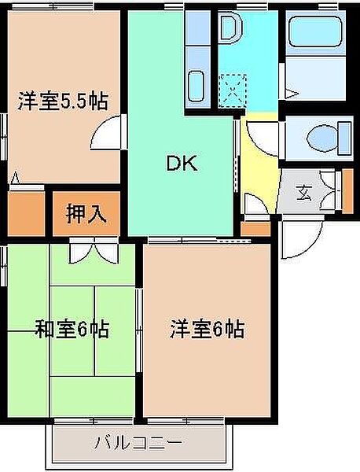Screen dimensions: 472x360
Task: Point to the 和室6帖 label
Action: click(x=72, y=330)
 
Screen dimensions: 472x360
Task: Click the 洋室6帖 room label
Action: click(x=207, y=328)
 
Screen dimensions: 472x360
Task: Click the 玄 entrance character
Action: click(x=304, y=190)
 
